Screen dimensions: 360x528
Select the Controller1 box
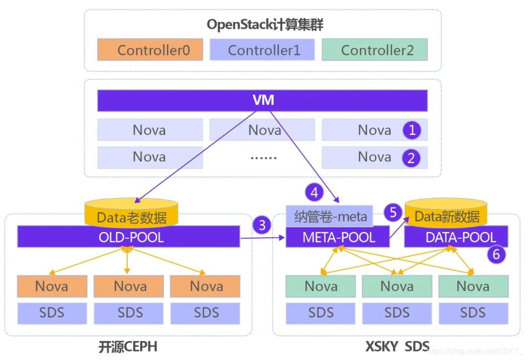pos(262,50)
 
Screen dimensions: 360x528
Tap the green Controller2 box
pos(374,50)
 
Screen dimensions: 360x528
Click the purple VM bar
pos(263,101)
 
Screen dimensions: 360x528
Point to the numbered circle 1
pos(412,130)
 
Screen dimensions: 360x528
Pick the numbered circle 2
pos(412,157)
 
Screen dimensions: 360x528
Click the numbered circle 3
pos(263,225)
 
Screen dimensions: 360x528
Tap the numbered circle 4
pos(314,193)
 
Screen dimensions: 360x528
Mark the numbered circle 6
pos(496,253)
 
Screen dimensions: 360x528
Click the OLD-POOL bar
pos(129,237)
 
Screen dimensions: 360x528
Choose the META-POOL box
pos(338,238)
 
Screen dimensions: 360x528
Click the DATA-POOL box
pos(456,238)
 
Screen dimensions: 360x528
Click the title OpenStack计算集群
pos(264,24)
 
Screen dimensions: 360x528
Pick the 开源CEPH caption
pos(128,347)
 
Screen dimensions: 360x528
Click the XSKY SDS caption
pos(397,347)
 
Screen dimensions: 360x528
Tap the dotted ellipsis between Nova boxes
pos(263,157)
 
